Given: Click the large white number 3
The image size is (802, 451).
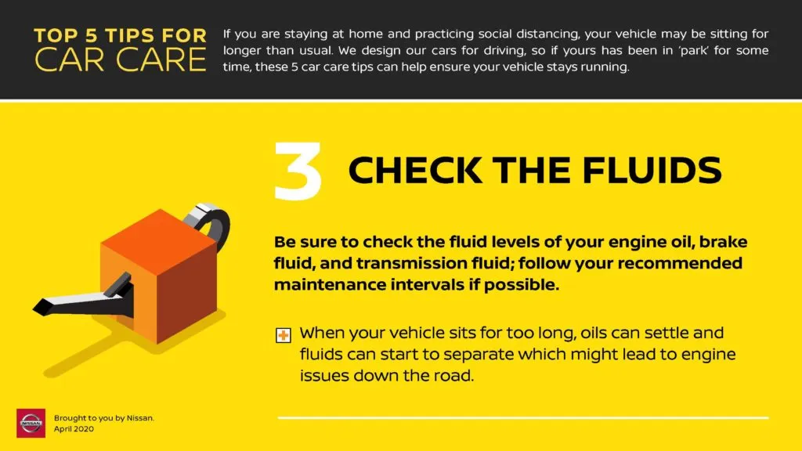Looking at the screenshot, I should (298, 170).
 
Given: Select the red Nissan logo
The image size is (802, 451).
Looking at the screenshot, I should (31, 423).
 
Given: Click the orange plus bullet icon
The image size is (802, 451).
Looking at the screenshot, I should (284, 336).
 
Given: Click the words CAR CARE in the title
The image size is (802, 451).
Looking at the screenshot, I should (121, 59).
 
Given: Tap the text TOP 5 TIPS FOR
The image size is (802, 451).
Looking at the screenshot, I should (121, 35).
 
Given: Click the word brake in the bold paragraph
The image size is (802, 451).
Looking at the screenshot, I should (719, 243).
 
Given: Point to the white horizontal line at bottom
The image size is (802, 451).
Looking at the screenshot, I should (523, 418).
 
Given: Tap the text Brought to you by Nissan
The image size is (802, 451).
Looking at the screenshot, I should (103, 418).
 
